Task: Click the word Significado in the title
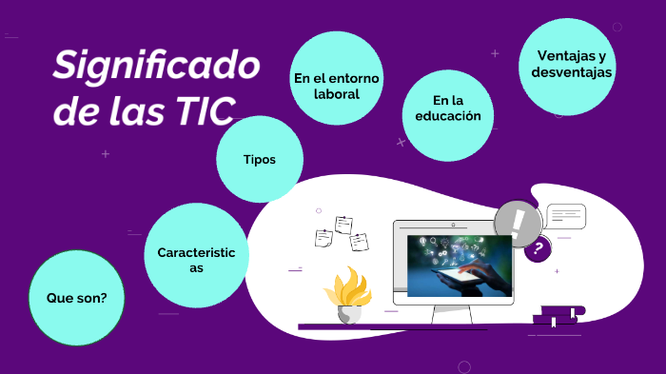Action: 157,67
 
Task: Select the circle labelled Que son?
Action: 77,298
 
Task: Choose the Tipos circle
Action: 260,160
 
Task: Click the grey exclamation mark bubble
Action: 518,225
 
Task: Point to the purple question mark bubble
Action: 539,249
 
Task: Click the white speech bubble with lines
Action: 565,217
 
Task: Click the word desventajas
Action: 571,73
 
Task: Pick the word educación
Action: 448,116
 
